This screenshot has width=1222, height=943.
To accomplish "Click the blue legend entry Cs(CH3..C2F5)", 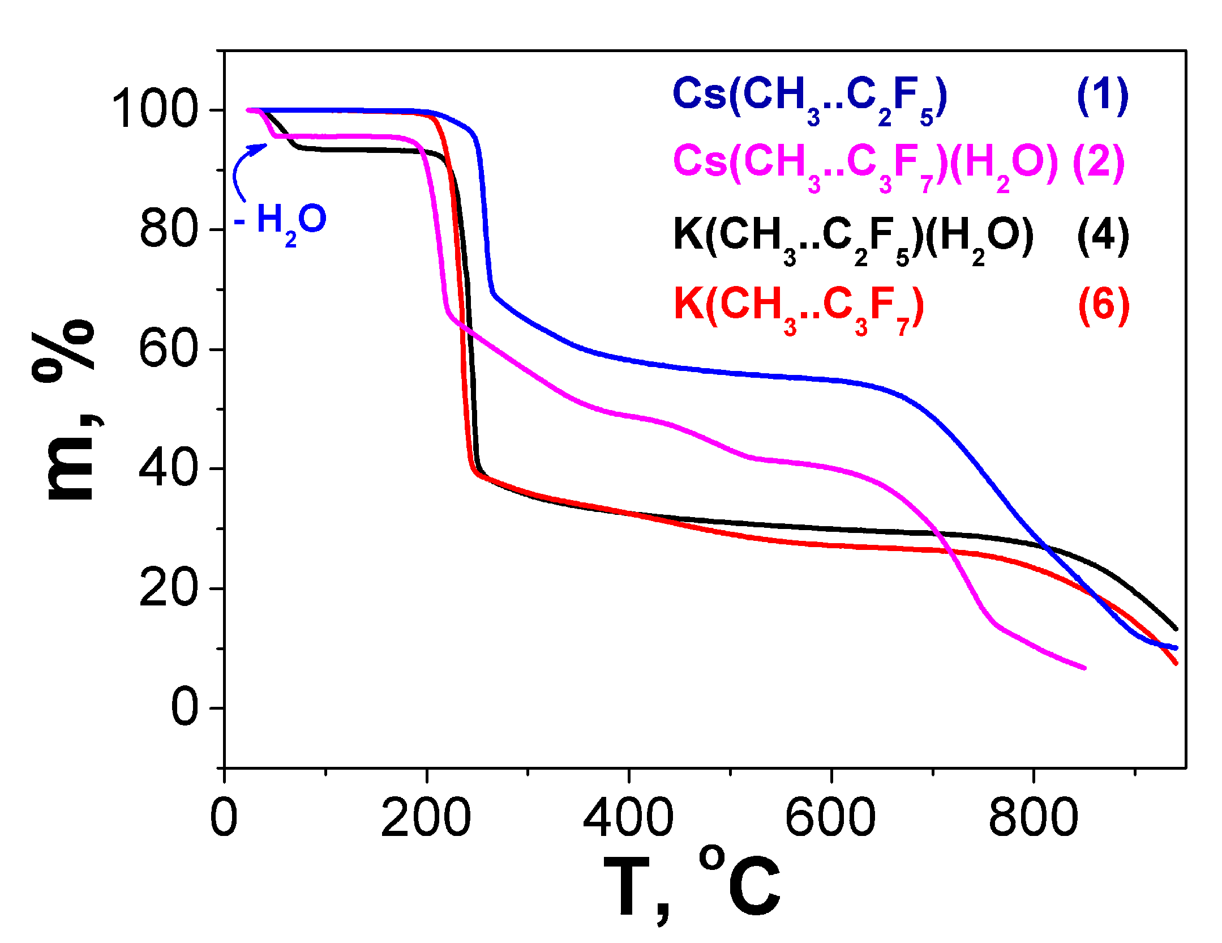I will coord(809,97).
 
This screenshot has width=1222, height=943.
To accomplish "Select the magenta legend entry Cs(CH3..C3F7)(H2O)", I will coord(865,164).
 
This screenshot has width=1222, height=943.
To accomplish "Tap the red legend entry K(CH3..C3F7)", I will coord(799,307).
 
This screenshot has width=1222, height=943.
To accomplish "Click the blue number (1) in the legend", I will coord(1102,96).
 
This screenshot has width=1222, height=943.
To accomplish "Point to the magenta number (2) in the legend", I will coord(1099,163).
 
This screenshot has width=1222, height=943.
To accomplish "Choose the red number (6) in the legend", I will coord(1103,306).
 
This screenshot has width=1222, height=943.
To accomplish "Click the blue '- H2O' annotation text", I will coord(281,222).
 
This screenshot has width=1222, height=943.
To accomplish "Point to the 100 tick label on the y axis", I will coord(155,110).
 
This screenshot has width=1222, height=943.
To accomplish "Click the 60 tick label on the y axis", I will coord(168,349).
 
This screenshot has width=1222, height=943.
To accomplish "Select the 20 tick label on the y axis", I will coord(168,589).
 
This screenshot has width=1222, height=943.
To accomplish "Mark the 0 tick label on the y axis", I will coord(185,708).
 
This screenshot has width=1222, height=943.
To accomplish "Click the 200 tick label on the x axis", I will coord(426,818).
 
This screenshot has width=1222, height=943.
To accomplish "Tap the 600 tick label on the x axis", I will coord(830,818).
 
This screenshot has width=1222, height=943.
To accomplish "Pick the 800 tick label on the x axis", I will coord(1033,818).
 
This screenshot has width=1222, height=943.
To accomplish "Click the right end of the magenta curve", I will coord(1083,668).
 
